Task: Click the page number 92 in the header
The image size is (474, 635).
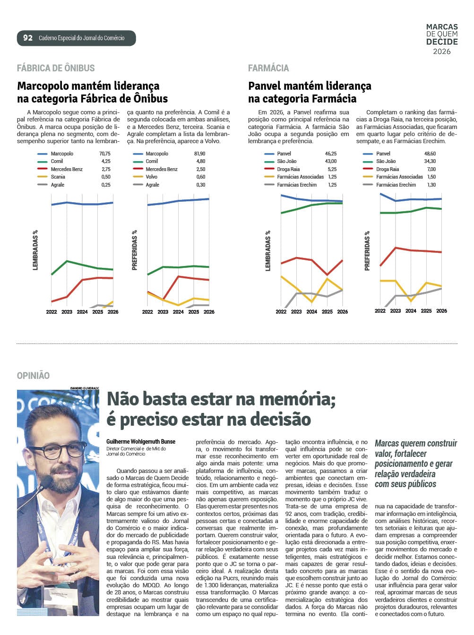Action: (x=28, y=38)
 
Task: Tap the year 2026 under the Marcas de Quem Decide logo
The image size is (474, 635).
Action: (x=442, y=51)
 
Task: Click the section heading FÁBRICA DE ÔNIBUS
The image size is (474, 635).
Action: (x=56, y=68)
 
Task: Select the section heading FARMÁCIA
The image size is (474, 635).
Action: (x=268, y=68)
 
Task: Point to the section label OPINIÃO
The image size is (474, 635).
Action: (x=33, y=376)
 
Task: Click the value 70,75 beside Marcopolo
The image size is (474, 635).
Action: (x=105, y=154)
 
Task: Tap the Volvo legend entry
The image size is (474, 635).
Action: (x=152, y=177)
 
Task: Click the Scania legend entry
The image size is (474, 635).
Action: (x=58, y=177)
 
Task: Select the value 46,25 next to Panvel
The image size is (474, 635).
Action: (x=331, y=154)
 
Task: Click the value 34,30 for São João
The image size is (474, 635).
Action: (x=430, y=162)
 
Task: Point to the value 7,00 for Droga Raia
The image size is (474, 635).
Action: (x=431, y=169)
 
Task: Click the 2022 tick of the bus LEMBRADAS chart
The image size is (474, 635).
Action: (x=52, y=312)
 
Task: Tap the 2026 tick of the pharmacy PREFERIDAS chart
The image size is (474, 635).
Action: (x=441, y=311)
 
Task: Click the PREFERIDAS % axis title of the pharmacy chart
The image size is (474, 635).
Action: (x=367, y=251)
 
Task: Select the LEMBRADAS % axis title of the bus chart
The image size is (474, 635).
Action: (x=35, y=250)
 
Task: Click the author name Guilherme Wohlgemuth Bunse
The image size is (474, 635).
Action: (x=141, y=442)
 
